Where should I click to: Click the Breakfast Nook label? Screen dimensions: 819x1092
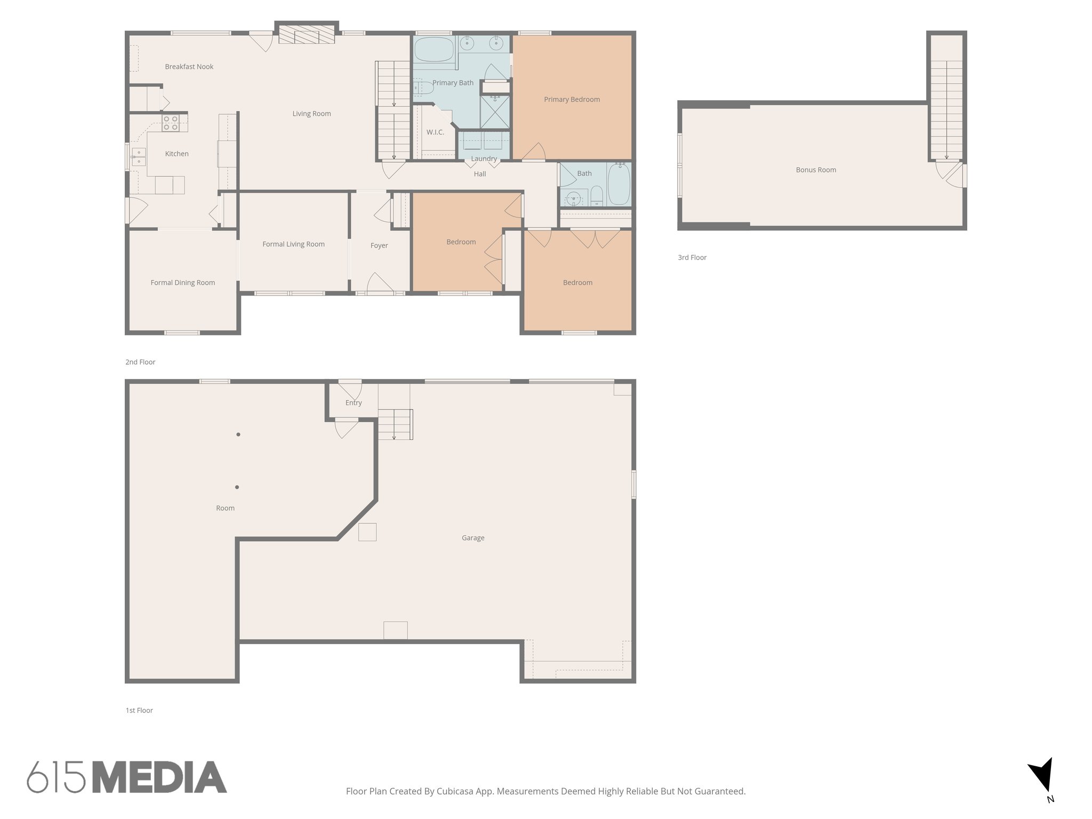189,67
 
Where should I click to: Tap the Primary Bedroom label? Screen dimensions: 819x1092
572,99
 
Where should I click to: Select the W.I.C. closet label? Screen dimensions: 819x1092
435,132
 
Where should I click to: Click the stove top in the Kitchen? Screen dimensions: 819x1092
171,123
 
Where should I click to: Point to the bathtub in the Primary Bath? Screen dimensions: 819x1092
433,49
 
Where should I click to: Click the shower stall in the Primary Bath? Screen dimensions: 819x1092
494,112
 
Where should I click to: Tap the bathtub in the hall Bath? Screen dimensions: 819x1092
619,184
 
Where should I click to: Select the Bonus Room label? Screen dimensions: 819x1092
816,170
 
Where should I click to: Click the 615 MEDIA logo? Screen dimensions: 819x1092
127,777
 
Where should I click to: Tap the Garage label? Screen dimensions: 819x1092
473,538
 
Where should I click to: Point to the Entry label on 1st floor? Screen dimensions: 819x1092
354,403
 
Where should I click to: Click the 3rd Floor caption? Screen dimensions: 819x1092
692,258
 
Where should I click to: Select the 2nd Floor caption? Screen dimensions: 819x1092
140,362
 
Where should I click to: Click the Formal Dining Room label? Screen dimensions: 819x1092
183,283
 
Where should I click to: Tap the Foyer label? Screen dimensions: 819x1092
379,245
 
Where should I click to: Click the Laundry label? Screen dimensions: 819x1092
484,158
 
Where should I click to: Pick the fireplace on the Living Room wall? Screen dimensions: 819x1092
307,36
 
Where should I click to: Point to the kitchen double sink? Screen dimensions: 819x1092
139,157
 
